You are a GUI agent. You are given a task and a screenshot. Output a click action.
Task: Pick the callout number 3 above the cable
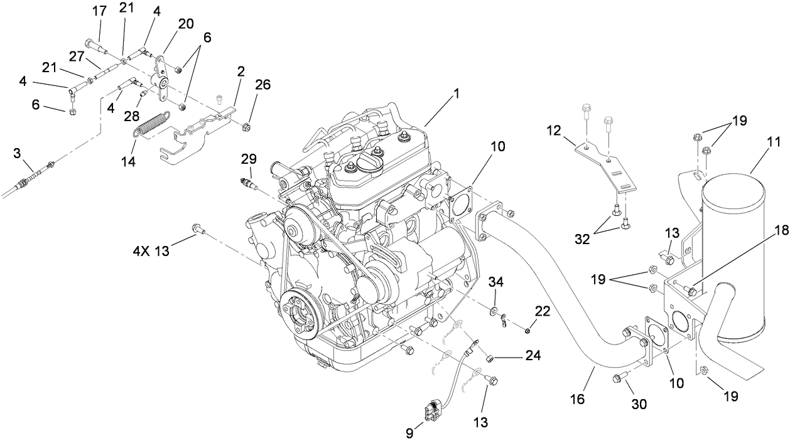coord(17,152)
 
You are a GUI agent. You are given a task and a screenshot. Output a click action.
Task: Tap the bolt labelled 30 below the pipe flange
coord(618,378)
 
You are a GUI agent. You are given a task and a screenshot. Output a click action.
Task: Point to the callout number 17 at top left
coord(99,11)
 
